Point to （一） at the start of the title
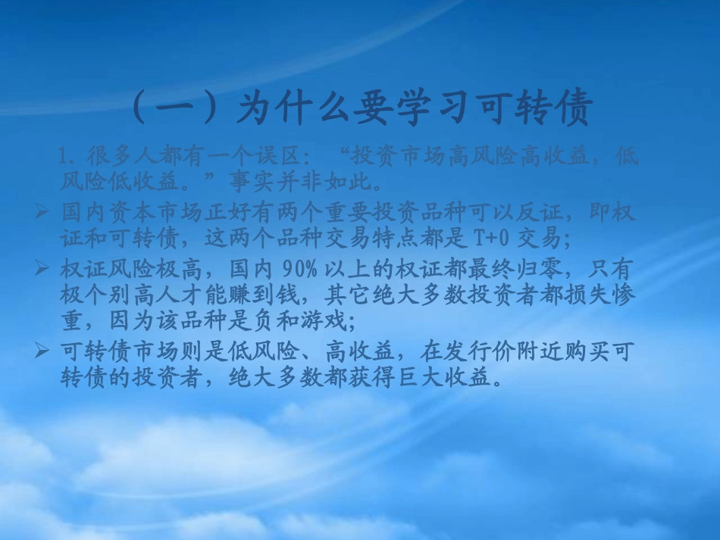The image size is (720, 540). pos(179,109)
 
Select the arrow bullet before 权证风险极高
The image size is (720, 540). pos(42,268)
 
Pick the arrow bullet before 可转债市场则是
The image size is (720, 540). pos(42,351)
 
